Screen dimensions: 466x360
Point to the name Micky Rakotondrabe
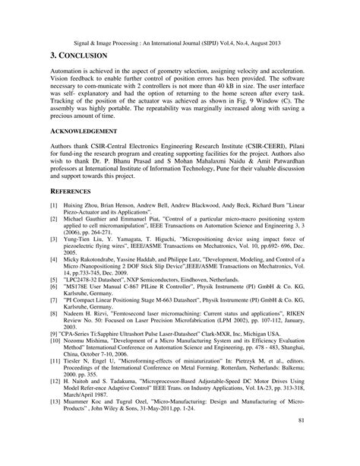(x=97, y=259)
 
